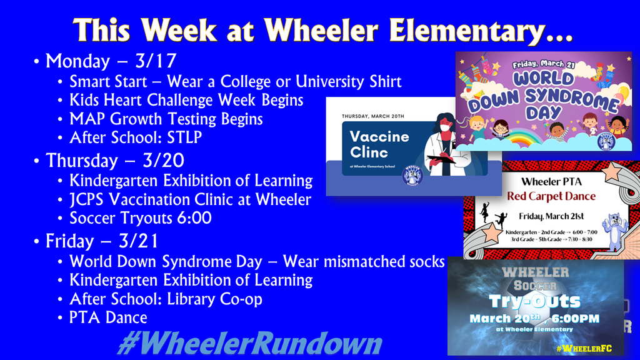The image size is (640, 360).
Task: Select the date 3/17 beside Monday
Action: point(156,61)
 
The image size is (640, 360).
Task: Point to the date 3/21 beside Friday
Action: point(139,241)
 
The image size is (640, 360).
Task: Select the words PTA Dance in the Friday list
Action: point(108,318)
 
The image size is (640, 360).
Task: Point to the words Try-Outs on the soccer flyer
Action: point(535,302)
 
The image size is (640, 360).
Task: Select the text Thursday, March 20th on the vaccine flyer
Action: point(374,116)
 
